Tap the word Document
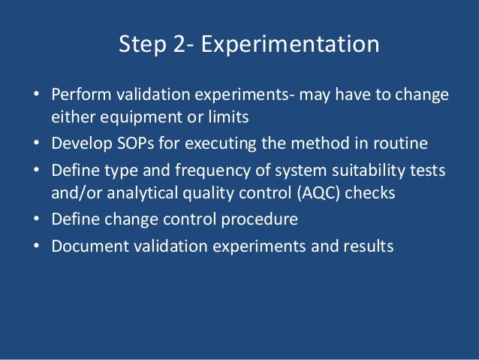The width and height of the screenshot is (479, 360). [x=86, y=245]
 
